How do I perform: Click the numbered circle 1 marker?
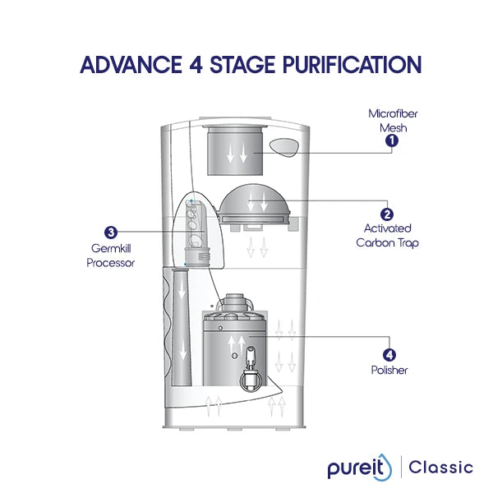[x=392, y=141]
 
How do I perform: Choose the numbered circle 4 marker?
[x=389, y=355]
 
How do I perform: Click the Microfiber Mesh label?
[x=387, y=121]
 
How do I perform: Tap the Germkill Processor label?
[x=110, y=256]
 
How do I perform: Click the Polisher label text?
[x=389, y=371]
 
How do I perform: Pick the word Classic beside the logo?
[x=442, y=468]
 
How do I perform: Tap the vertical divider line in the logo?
[x=402, y=468]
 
